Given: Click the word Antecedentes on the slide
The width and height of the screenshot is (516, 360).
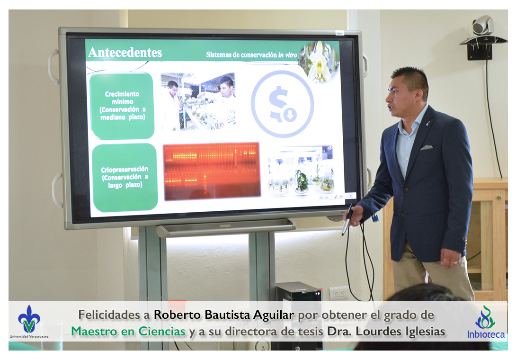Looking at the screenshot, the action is coord(125,53).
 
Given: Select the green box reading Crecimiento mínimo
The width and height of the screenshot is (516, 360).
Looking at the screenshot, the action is coord(122,106).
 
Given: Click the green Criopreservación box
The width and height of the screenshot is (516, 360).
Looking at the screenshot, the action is coord(125,177).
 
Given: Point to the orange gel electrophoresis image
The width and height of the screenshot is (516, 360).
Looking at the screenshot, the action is coord(212,171).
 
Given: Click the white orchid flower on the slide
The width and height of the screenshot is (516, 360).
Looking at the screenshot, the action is coord(319,62).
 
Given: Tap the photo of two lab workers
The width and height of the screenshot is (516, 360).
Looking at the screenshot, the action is coord(198,101).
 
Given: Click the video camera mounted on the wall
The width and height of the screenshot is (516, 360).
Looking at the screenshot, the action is coord(483,26).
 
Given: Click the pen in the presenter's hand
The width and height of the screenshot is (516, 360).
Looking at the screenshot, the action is coord(347,220).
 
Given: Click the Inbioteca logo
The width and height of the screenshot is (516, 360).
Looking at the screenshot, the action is coord(486,323).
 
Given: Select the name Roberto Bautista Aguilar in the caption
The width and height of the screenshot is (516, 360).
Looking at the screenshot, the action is coord(224,315).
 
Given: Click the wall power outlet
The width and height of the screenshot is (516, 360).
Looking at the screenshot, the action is coord(339,292).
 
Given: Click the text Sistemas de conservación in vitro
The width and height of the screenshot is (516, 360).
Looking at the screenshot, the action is coord(252,54).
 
